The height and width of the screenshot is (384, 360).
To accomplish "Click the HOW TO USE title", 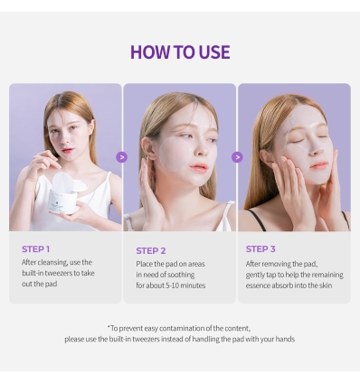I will [179, 52].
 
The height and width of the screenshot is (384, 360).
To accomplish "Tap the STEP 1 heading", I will [35, 248].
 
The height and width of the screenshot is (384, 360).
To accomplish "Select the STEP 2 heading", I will [150, 250].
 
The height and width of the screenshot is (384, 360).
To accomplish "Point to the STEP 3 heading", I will [261, 248].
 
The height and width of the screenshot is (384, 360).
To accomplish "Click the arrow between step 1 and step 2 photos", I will [122, 157].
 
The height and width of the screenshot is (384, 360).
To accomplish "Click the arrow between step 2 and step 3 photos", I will [237, 157].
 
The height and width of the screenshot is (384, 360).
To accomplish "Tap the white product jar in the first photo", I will [64, 192].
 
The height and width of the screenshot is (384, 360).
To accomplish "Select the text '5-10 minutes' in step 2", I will [184, 286].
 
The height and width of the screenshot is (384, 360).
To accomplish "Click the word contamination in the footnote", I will [192, 328].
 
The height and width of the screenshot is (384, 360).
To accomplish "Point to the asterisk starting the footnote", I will [109, 328].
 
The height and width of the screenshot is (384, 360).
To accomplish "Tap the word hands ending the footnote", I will [283, 339].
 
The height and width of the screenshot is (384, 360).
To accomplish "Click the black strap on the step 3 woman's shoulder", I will [256, 218].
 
